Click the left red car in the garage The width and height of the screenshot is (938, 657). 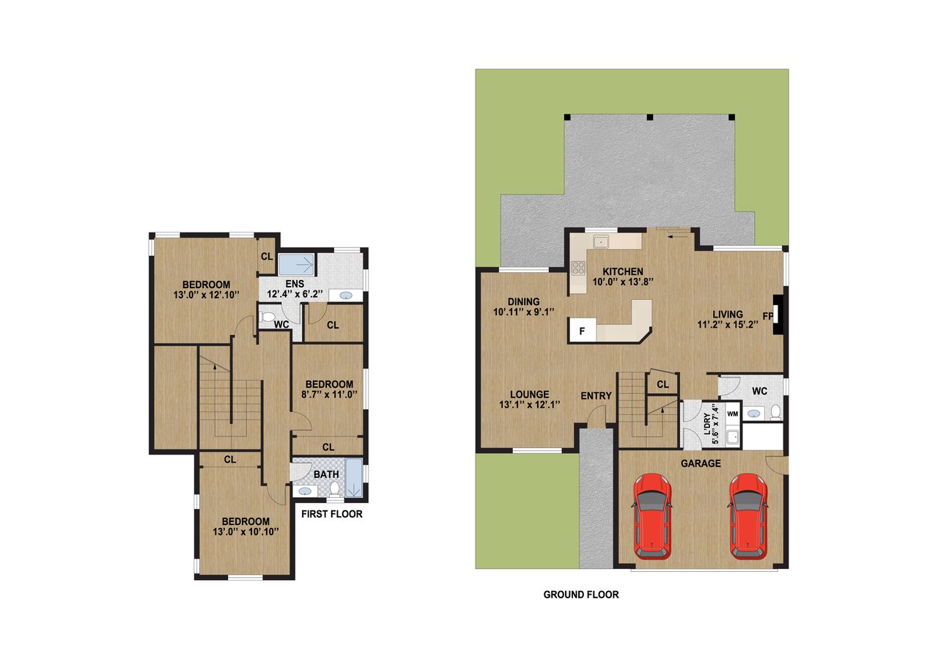tap(651, 515)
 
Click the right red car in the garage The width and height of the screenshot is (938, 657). tap(747, 515)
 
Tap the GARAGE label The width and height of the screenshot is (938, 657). tap(701, 463)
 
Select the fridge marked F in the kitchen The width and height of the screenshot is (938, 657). tap(583, 331)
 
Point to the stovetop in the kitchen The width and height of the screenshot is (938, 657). tap(578, 270)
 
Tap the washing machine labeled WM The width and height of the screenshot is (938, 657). tap(731, 414)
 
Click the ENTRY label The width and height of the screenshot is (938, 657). tap(596, 396)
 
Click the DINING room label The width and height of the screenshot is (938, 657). tap(523, 301)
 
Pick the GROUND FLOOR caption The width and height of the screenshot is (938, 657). tap(580, 595)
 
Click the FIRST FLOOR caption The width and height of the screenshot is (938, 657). tap(331, 514)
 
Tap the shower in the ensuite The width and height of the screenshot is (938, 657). tap(297, 263)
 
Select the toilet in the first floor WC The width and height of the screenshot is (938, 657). tap(267, 318)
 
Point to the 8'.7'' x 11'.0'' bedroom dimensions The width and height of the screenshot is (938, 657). tap(329, 394)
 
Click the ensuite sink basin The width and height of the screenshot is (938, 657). tap(344, 296)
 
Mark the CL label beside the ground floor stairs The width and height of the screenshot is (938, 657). tap(662, 384)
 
